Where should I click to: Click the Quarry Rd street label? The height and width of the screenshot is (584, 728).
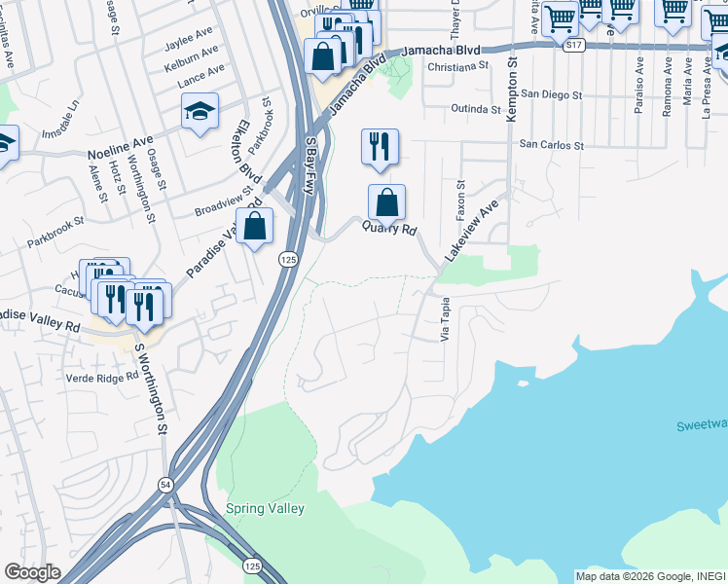pyautogui.click(x=389, y=230)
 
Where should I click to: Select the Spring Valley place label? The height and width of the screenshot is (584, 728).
pyautogui.click(x=265, y=508)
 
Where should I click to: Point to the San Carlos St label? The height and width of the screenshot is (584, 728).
pyautogui.click(x=551, y=145)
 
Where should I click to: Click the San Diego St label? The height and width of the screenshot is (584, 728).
pyautogui.click(x=550, y=95)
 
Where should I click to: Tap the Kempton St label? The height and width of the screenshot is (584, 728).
pyautogui.click(x=512, y=91)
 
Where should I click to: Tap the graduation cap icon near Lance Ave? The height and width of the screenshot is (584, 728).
pyautogui.click(x=200, y=112)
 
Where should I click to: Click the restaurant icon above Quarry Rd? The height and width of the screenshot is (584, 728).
pyautogui.click(x=380, y=146)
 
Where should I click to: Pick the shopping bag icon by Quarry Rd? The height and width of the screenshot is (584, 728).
pyautogui.click(x=386, y=202)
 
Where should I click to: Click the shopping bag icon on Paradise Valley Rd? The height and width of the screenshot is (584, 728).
pyautogui.click(x=254, y=227)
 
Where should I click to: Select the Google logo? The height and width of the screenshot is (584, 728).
pyautogui.click(x=32, y=572)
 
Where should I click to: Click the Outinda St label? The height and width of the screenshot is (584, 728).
pyautogui.click(x=475, y=108)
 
